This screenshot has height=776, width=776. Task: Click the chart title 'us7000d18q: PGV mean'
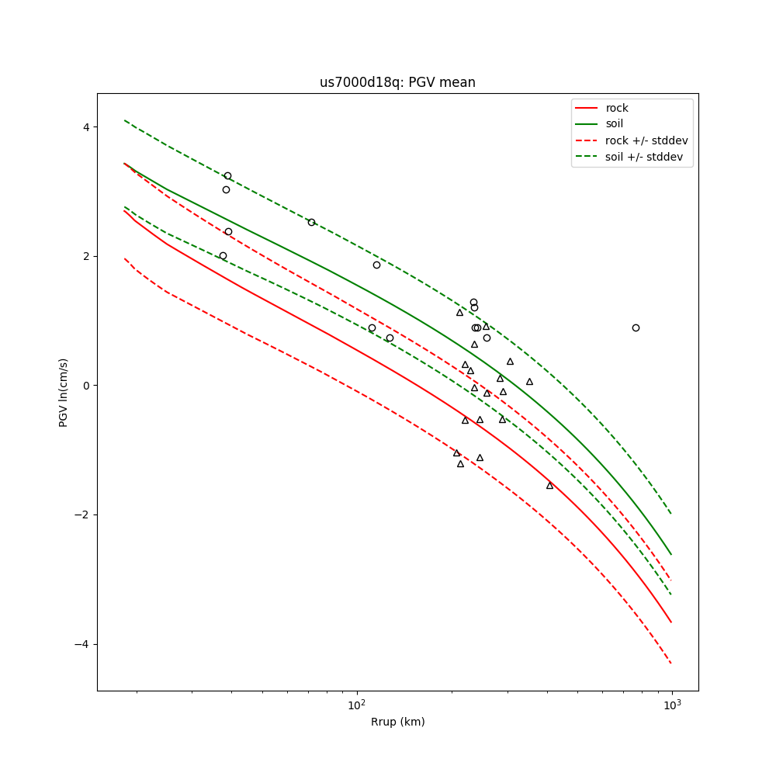tap(397, 83)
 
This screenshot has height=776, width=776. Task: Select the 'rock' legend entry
tap(617, 108)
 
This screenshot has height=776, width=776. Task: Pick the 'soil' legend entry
tap(615, 123)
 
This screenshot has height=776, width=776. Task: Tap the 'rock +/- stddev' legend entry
tap(646, 140)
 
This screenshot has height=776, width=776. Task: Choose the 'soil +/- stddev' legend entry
tap(644, 157)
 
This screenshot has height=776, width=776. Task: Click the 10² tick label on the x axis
tap(357, 704)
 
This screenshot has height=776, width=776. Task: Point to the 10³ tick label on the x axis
tap(672, 704)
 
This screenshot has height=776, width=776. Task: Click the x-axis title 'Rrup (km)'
tap(397, 722)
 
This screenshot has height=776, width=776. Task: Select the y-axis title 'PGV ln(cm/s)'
tap(64, 393)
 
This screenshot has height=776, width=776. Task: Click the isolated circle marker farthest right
tap(636, 327)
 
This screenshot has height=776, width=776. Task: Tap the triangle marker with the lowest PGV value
tap(549, 486)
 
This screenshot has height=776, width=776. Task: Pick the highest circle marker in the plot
tap(227, 175)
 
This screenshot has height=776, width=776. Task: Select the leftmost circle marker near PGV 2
tap(223, 255)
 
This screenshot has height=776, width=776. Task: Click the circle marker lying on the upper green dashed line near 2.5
tap(311, 222)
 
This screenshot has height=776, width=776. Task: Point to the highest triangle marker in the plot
tap(459, 313)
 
